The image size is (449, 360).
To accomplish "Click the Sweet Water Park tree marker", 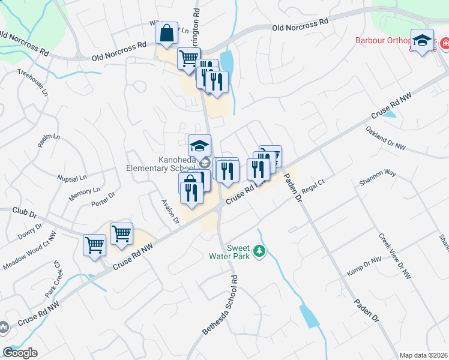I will tap(259, 250).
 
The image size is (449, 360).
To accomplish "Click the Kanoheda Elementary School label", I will tap(161, 164).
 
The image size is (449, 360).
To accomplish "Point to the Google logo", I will tap(20, 353).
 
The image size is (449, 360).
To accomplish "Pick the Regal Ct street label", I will tap(313, 189).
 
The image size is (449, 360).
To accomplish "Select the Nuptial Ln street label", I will tap(72, 178).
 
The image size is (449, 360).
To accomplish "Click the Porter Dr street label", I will tap(103, 203).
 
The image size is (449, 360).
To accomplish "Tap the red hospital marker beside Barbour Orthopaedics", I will tap(445, 43).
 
